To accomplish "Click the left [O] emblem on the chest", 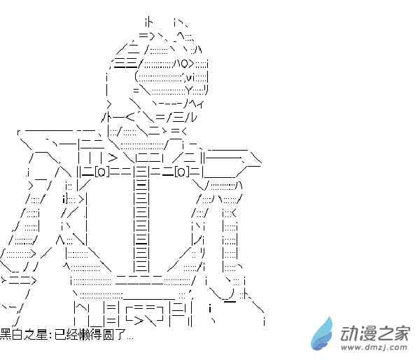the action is tap(101, 172).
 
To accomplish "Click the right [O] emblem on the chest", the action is tap(181, 172).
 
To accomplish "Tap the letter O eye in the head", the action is tap(183, 63).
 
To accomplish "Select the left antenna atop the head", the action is tap(148, 22).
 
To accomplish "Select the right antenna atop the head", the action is tap(181, 22).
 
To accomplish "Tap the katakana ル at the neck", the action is tap(192, 118).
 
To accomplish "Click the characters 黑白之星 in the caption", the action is tap(24, 335).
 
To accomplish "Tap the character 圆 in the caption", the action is tap(108, 335).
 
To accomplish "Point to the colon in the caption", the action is tap(51, 335).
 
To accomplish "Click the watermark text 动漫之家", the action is tap(375, 333).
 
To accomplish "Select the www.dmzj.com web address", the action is tap(374, 347).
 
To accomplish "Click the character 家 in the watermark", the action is tap(402, 333).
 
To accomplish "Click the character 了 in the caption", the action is tap(120, 335).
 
